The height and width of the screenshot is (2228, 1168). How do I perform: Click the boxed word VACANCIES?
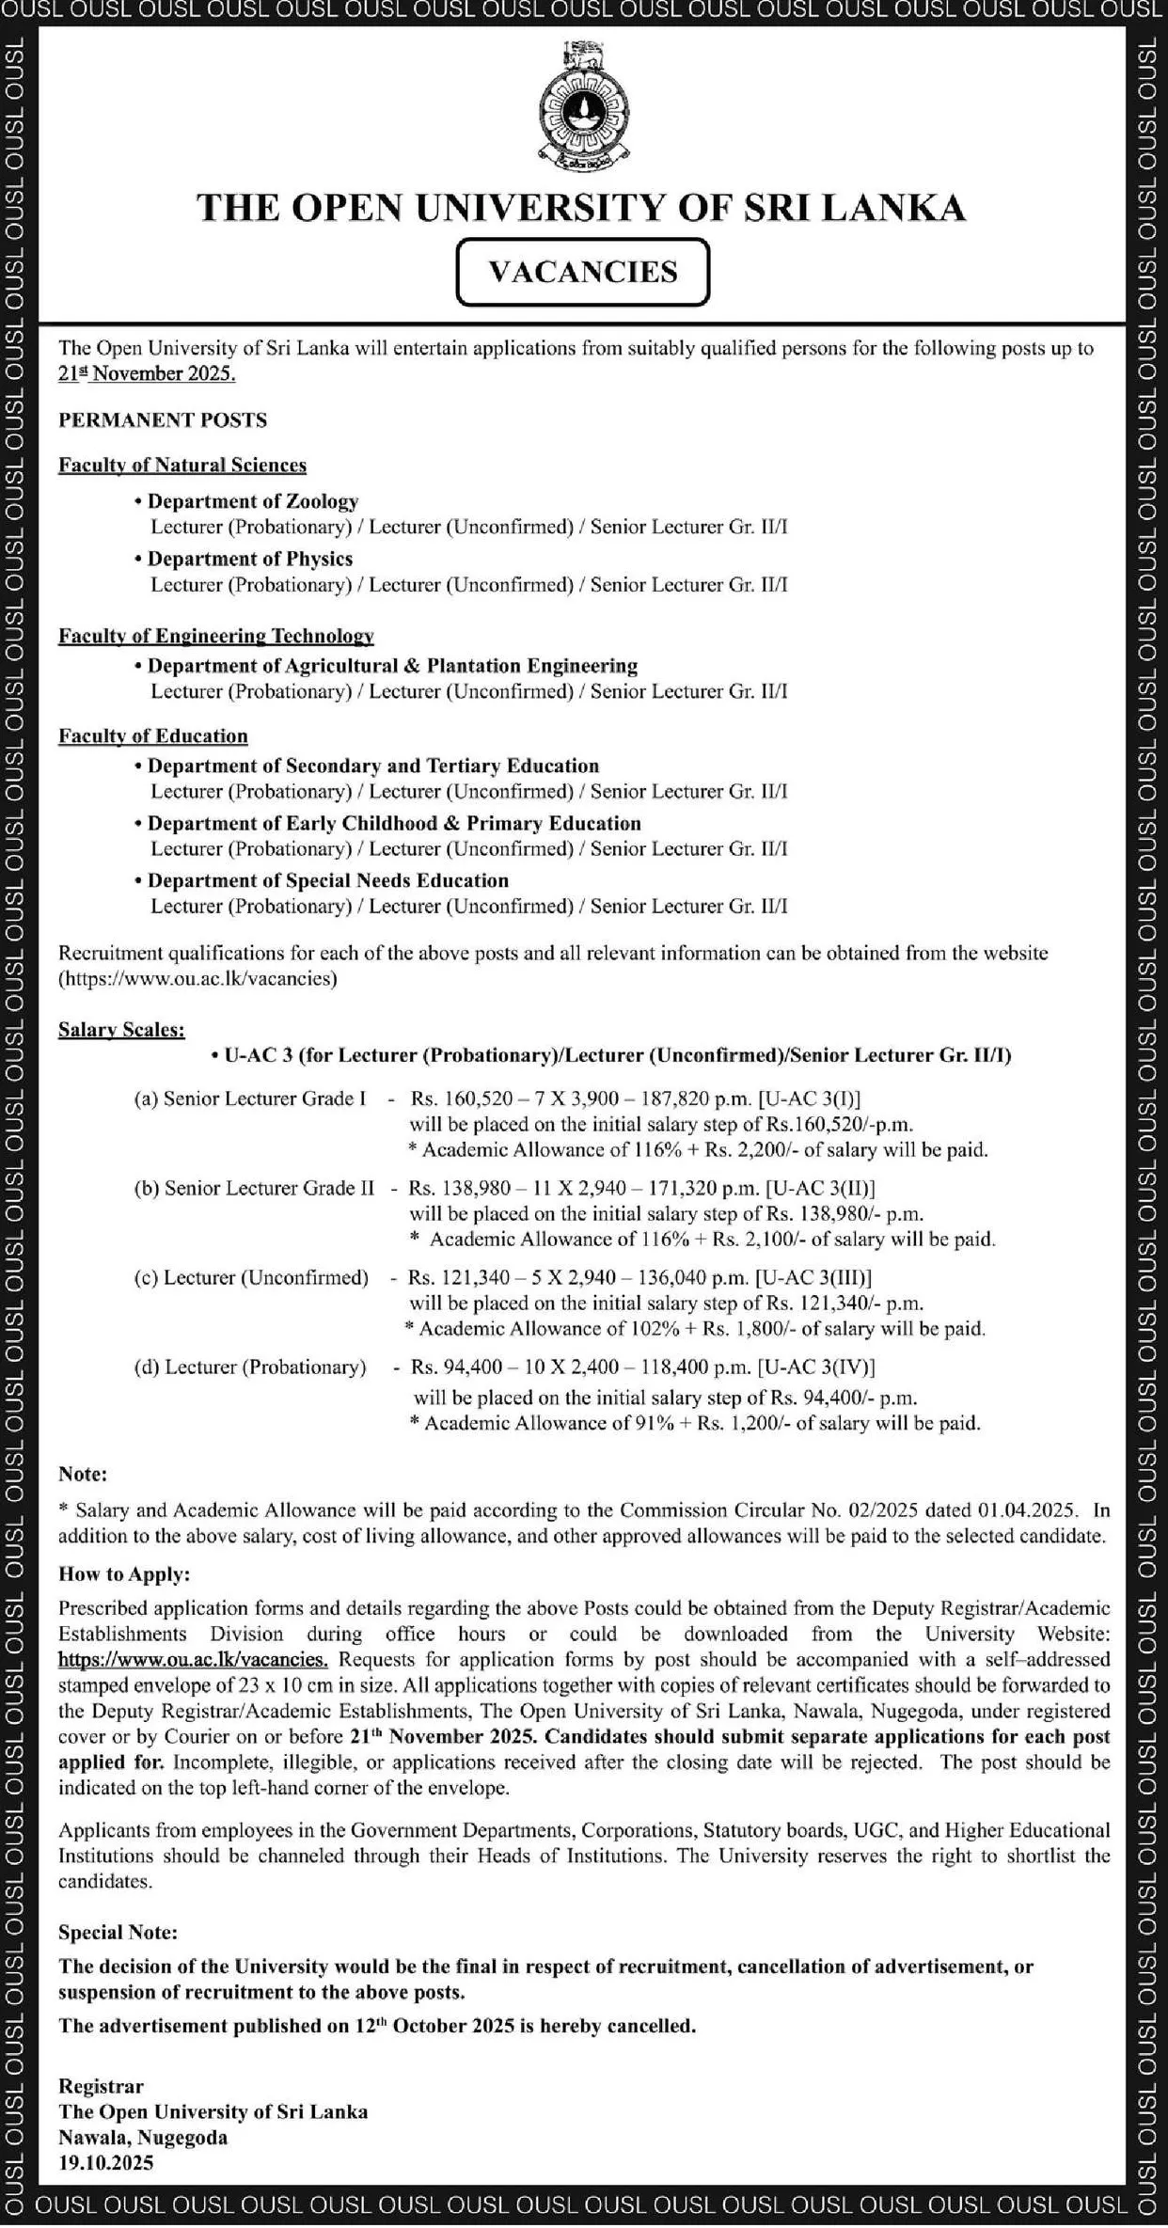582,272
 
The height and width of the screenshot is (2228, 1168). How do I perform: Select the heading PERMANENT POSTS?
163,420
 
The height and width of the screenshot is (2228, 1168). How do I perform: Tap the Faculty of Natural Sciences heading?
182,465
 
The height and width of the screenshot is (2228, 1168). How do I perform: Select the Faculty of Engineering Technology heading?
216,636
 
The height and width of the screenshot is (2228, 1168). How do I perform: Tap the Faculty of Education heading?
153,735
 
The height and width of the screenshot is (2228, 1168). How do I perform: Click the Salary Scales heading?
121,1030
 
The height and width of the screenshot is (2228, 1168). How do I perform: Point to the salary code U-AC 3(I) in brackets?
813,1098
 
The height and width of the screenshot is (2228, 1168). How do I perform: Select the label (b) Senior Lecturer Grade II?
254,1188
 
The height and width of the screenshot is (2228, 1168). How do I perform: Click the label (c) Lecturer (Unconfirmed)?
251,1277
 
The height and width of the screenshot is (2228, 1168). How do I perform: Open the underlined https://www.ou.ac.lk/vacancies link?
194,1659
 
